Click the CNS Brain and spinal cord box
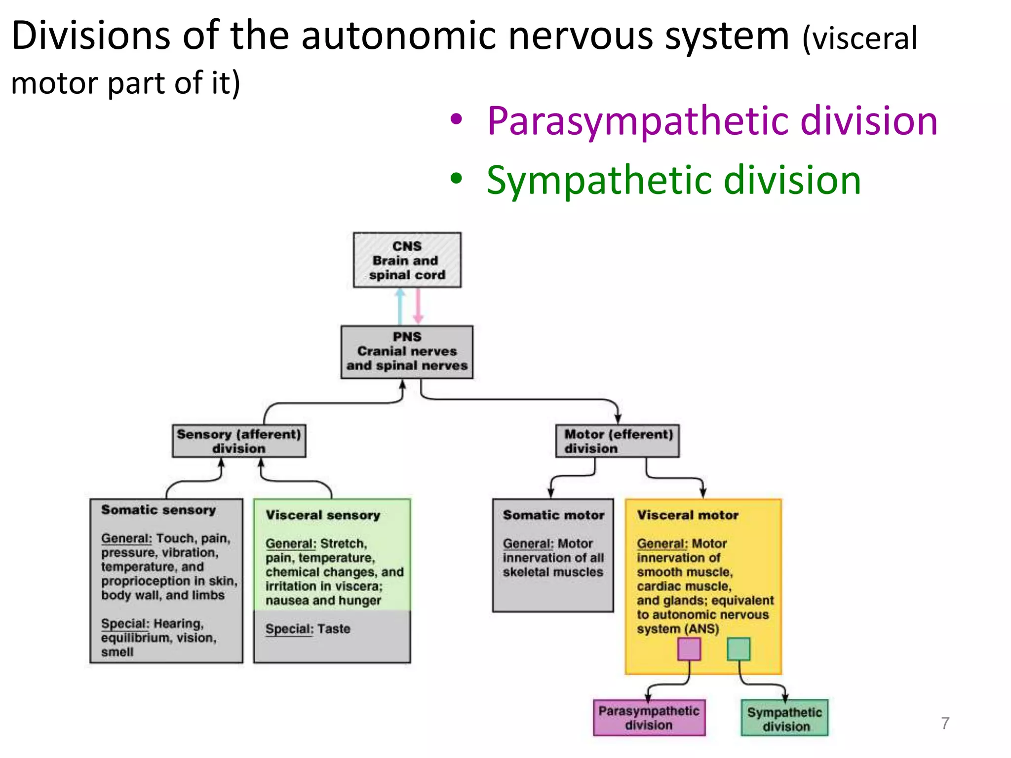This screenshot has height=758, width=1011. tap(407, 260)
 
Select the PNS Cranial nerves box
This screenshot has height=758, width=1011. tap(407, 351)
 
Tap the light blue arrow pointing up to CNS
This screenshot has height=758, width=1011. tap(400, 306)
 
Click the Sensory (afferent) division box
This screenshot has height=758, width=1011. tap(239, 441)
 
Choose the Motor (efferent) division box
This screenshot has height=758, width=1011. tap(618, 441)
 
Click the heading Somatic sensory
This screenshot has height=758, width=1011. tap(158, 510)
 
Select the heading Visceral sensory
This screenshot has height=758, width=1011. tap(323, 515)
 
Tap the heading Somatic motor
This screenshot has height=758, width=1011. tap(553, 515)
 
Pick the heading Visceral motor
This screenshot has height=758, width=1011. tap(688, 515)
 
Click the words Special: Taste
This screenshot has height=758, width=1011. tap(308, 629)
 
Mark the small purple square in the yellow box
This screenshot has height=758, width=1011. tap(689, 649)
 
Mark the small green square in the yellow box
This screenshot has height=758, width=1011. tap(739, 649)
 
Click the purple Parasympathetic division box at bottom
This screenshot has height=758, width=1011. tap(649, 718)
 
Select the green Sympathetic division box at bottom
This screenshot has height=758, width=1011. tap(784, 719)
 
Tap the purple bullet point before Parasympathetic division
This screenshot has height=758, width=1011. tap(456, 119)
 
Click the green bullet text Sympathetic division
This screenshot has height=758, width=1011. tap(673, 181)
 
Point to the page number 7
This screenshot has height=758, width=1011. tap(945, 723)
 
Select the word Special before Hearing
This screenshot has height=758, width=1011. tap(124, 624)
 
